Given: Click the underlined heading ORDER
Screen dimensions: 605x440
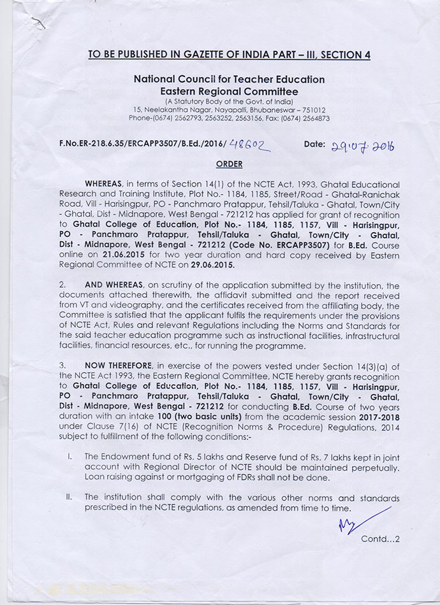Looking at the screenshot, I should click(x=229, y=164).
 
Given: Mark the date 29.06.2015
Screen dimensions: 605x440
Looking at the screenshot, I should click(x=215, y=264).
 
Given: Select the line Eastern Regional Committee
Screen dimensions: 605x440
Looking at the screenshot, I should click(x=229, y=92).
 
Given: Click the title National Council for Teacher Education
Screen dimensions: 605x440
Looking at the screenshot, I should click(x=229, y=80).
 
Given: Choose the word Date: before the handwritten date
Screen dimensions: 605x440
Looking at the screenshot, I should click(x=314, y=145).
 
